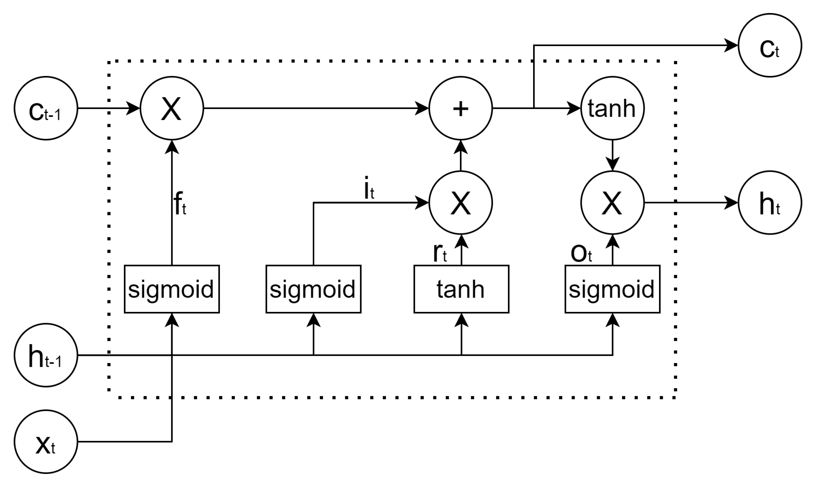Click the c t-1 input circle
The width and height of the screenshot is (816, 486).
[x=45, y=108]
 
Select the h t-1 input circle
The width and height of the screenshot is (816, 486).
[x=45, y=355]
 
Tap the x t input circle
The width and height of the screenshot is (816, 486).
[x=45, y=442]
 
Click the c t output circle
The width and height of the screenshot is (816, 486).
[x=770, y=45]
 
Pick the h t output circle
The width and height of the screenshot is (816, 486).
[x=770, y=203]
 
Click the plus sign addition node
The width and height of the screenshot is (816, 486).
[x=461, y=108]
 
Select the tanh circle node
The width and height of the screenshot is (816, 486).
[x=612, y=108]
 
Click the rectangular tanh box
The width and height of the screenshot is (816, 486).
[x=461, y=289]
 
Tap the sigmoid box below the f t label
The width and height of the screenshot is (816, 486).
[x=172, y=289]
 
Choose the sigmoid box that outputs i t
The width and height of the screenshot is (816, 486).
[x=313, y=289]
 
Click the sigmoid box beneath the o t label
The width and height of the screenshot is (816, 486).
[x=612, y=289]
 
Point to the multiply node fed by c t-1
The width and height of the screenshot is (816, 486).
[x=172, y=108]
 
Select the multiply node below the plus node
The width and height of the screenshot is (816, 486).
[x=461, y=203]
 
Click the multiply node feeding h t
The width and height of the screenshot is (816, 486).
[x=612, y=203]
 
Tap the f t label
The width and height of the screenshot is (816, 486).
[x=180, y=204]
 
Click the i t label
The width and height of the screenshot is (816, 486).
[x=369, y=189]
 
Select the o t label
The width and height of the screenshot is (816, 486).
[x=581, y=253]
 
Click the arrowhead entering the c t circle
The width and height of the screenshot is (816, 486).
[x=731, y=45]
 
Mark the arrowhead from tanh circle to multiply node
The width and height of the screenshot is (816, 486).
[x=612, y=164]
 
